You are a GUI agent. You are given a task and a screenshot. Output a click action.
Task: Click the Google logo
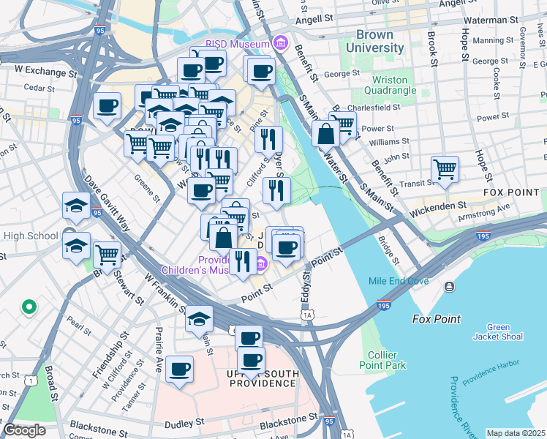pyautogui.click(x=24, y=429)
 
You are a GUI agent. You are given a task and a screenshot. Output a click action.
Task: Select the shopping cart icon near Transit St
pyautogui.click(x=445, y=170)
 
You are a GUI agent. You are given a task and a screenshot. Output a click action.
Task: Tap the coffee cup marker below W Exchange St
pyautogui.click(x=107, y=105)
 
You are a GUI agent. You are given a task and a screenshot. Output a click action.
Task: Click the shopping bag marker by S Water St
pyautogui.click(x=325, y=134)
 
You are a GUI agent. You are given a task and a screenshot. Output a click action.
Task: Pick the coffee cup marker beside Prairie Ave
pyautogui.click(x=179, y=369)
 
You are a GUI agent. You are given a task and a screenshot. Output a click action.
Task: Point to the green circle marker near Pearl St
pyautogui.click(x=29, y=307)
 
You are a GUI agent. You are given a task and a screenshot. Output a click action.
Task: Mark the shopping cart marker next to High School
pyautogui.click(x=107, y=255)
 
